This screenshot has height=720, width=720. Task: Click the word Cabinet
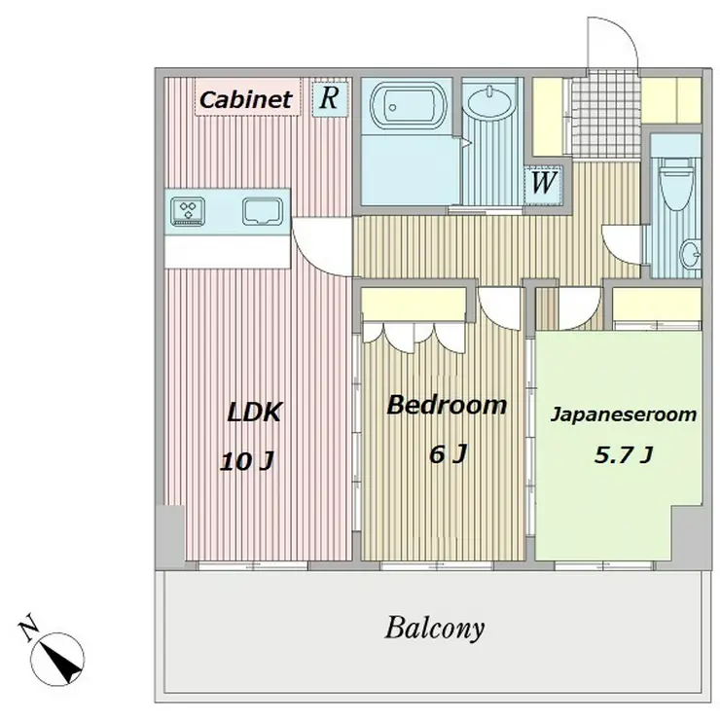point(246,99)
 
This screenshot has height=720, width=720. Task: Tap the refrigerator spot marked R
point(330,97)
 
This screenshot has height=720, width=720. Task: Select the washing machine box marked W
point(544,183)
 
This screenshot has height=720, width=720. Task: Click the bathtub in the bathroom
point(409,106)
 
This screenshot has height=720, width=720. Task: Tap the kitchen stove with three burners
point(188,211)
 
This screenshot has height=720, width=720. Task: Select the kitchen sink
point(263,211)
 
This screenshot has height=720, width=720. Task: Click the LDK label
point(254,412)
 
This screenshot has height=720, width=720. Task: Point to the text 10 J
point(247,461)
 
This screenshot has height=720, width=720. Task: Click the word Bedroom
point(447,405)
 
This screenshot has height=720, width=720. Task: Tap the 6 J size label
point(448,454)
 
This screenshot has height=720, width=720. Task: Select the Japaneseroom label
point(624,414)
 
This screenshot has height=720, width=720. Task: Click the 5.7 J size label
point(624,454)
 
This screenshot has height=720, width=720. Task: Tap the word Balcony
point(434,629)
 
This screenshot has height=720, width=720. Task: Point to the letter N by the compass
point(28,627)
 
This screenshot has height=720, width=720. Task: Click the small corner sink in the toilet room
point(690,254)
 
